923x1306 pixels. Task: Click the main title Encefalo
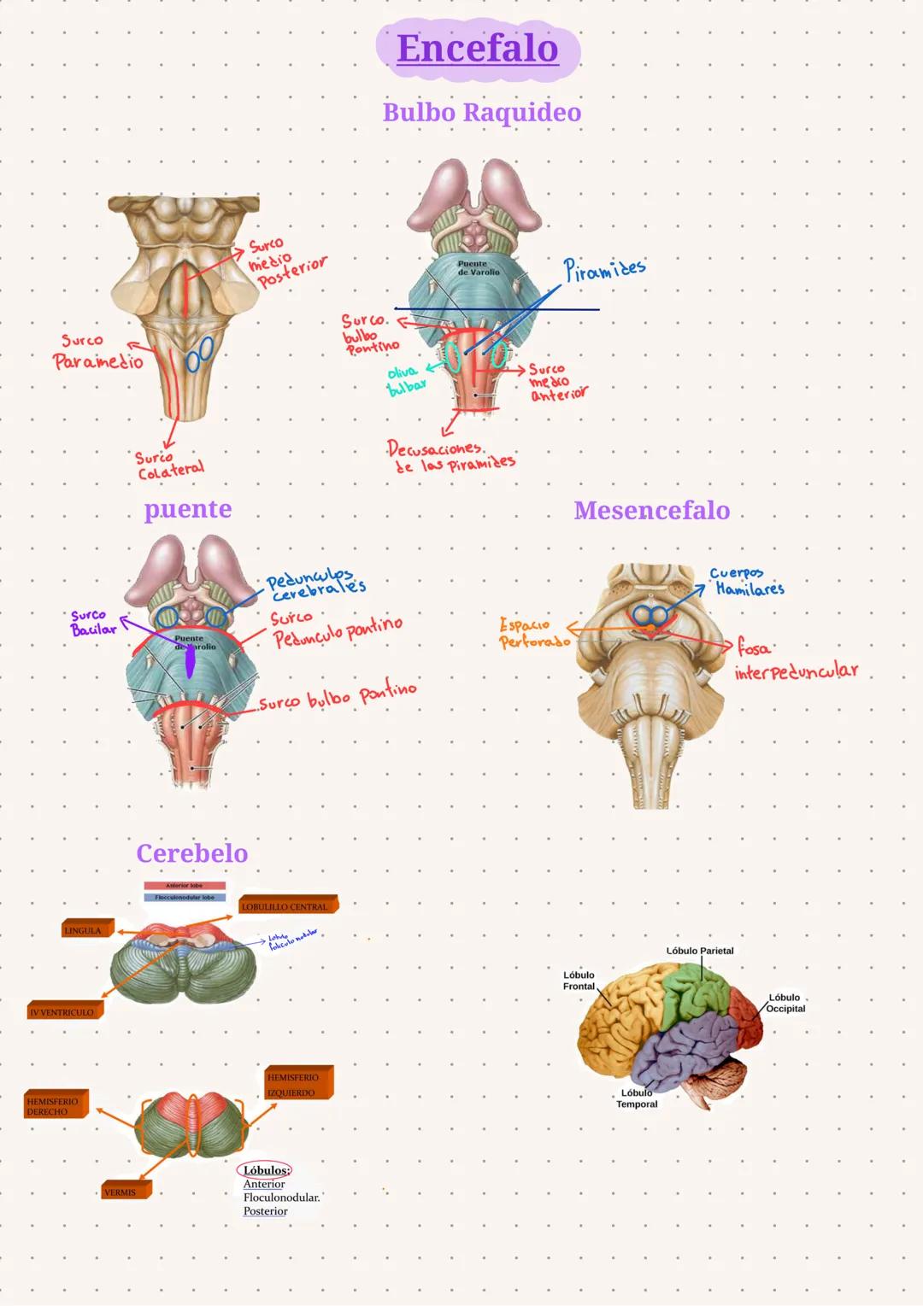pyautogui.click(x=478, y=49)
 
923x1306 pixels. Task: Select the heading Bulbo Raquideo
pyautogui.click(x=482, y=113)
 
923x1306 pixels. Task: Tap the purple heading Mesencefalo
pyautogui.click(x=652, y=511)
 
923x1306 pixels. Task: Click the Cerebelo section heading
pyautogui.click(x=192, y=853)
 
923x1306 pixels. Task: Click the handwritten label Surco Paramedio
pyautogui.click(x=97, y=353)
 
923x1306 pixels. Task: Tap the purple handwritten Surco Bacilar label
pyautogui.click(x=91, y=623)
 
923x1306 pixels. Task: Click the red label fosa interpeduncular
pyautogui.click(x=794, y=660)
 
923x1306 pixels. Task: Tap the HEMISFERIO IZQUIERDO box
pyautogui.click(x=297, y=1085)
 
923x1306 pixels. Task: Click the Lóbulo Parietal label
pyautogui.click(x=699, y=951)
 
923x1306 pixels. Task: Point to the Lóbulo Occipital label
pyautogui.click(x=784, y=1003)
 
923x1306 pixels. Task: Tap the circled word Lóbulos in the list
pyautogui.click(x=265, y=1170)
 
